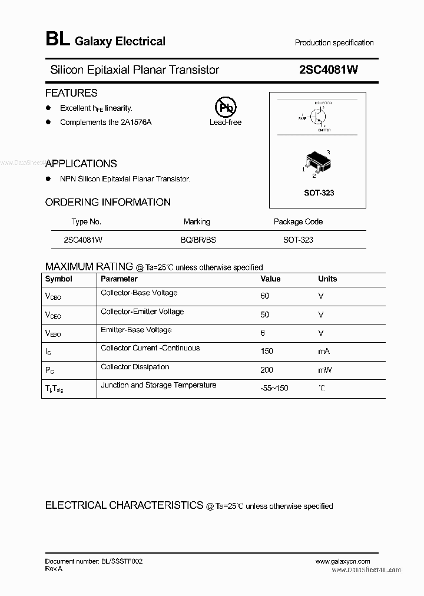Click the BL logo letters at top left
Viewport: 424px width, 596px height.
[x=57, y=40]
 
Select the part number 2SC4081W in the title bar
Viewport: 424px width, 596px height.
[x=329, y=69]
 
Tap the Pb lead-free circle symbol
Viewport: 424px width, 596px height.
[x=225, y=108]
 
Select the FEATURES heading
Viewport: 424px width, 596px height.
[x=71, y=93]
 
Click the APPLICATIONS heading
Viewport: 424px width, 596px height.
[x=81, y=164]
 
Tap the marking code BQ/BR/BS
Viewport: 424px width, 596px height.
[x=198, y=240]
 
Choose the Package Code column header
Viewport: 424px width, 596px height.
[x=298, y=222]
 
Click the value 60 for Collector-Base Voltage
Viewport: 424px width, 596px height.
[x=264, y=296]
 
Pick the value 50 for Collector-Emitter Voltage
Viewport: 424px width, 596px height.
[x=264, y=315]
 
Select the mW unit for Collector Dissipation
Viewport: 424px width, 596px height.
[x=325, y=370]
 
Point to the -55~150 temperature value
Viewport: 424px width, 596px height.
[x=274, y=389]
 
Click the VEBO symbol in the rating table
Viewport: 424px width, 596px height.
[x=53, y=333]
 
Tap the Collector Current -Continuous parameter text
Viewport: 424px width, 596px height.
[x=150, y=348]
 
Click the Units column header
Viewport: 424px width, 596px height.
[x=327, y=279]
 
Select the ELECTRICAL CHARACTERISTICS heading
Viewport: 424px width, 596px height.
[x=124, y=506]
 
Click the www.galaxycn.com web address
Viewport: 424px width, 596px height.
[x=343, y=561]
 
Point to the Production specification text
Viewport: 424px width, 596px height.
[x=334, y=43]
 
